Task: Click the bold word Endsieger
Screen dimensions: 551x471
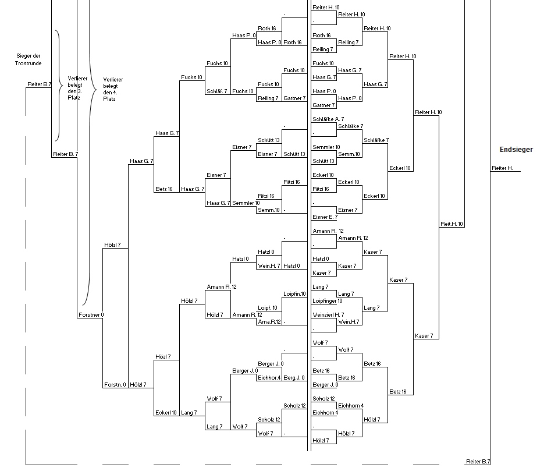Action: [x=516, y=150]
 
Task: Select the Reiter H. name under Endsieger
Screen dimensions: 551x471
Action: [x=502, y=168]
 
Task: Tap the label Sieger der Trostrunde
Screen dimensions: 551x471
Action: [x=28, y=59]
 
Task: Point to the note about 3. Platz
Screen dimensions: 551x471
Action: [x=77, y=88]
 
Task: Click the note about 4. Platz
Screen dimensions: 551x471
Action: [x=113, y=89]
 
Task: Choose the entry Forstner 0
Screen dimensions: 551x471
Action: [x=91, y=314]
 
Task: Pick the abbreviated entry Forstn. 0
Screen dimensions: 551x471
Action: [x=115, y=384]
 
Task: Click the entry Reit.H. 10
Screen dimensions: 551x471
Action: [x=452, y=224]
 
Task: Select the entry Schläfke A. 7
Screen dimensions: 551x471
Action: [x=328, y=119]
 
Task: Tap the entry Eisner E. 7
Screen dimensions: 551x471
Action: [x=325, y=217]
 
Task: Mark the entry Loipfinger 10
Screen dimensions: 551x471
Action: [x=328, y=301]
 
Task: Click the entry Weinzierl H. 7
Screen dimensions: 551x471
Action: [x=328, y=314]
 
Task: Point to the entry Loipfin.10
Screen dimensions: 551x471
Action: [x=294, y=294]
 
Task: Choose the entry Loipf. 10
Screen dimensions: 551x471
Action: [x=268, y=308]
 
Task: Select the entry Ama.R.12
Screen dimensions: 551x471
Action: [x=269, y=321]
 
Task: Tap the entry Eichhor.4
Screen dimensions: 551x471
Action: [x=269, y=377]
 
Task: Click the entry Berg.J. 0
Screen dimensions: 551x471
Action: [x=294, y=377]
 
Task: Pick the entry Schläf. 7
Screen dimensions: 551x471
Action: [x=217, y=91]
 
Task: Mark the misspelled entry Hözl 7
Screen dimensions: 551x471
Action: [x=163, y=356]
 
